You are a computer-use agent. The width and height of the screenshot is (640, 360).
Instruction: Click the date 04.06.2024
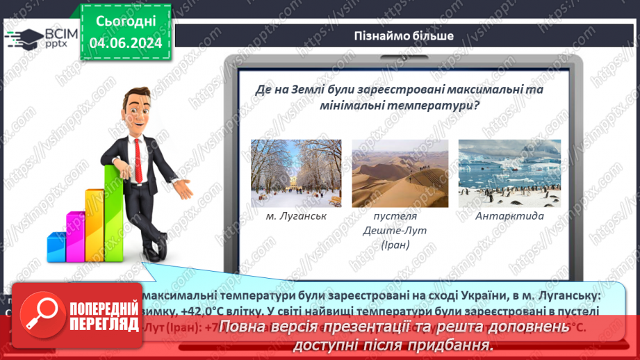pos(125,43)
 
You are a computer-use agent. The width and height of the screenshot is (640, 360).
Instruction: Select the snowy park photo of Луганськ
pos(295,173)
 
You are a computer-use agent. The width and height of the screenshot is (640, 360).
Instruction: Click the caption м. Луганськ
pos(296,216)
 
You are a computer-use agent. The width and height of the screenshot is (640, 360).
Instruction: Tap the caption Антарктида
pos(509,216)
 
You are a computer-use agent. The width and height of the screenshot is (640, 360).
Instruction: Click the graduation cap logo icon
pos(22,38)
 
